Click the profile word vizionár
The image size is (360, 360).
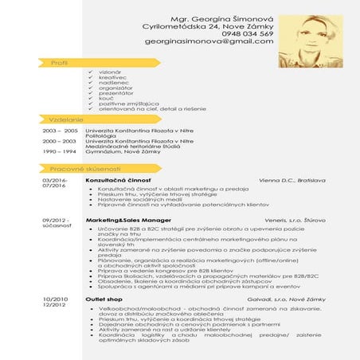click(110, 72)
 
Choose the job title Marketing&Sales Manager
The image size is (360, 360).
click(128, 220)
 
